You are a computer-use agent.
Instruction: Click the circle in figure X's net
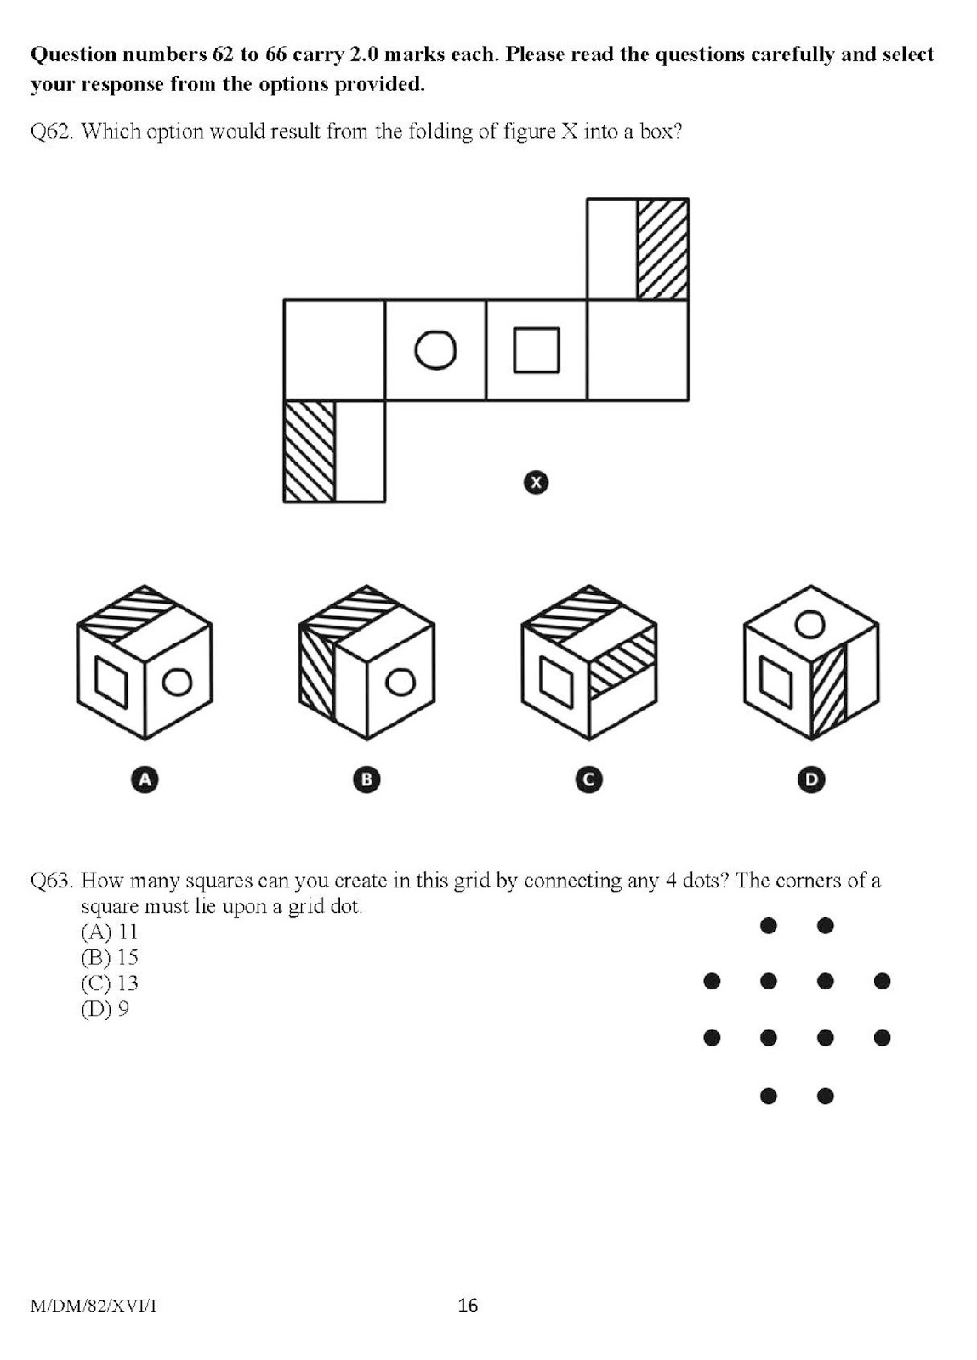[x=435, y=349]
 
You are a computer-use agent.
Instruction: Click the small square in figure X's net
[x=537, y=350]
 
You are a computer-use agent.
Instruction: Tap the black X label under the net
[x=536, y=483]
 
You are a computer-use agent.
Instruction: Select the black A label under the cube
[x=145, y=779]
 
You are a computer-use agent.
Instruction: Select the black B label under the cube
[x=366, y=779]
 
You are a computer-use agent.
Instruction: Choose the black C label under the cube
[x=588, y=779]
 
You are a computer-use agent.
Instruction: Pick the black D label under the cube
[x=811, y=779]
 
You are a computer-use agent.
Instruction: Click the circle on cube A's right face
[x=178, y=682]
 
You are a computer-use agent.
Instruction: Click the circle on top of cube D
[x=810, y=625]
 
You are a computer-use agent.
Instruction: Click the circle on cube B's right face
[x=400, y=682]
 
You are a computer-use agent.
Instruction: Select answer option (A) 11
[x=109, y=932]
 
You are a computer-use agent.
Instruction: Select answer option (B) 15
[x=109, y=957]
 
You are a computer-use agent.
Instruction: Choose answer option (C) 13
[x=109, y=983]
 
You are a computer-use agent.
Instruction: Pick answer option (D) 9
[x=105, y=1009]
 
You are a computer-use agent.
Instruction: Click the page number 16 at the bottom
[x=468, y=1305]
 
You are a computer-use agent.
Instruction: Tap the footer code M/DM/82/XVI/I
[x=93, y=1306]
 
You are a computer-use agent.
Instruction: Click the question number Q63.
[x=50, y=881]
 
